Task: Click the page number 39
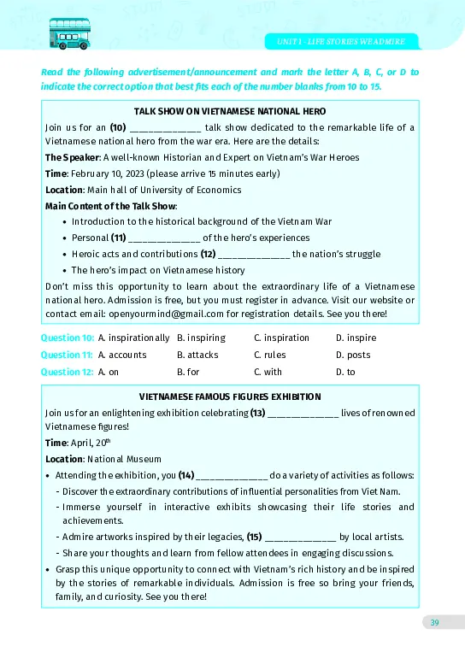point(434,621)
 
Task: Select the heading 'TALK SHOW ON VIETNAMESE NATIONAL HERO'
point(230,112)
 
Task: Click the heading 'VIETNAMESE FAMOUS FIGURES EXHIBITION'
point(230,396)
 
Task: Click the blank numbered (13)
point(303,413)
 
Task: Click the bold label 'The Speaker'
point(72,157)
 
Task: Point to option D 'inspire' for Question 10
point(356,338)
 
